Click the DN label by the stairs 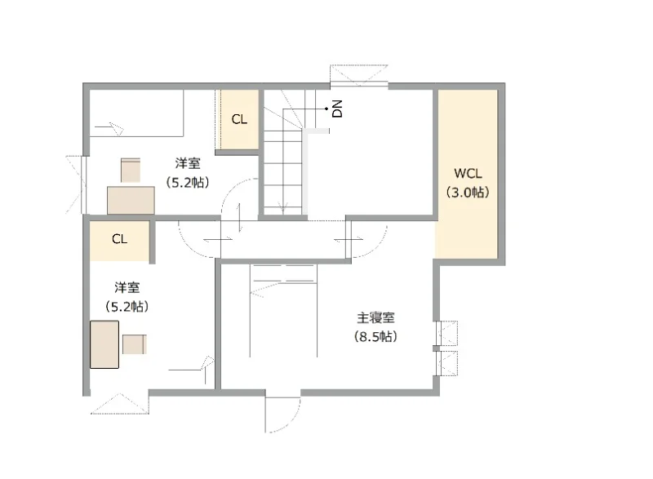pos(337,109)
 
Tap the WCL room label pos(468,173)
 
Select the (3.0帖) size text pos(467,193)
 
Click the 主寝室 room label pos(375,318)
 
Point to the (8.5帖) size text pos(375,336)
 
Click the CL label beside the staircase pos(239,120)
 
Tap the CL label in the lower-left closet pos(119,239)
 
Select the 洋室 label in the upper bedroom pos(188,163)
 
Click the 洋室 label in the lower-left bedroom pos(127,287)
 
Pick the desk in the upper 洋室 pos(131,200)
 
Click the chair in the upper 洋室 pos(131,170)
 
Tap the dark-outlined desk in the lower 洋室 pos(104,344)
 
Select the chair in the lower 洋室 pos(134,344)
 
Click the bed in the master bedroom pos(283,310)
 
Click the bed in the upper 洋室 pos(137,113)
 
